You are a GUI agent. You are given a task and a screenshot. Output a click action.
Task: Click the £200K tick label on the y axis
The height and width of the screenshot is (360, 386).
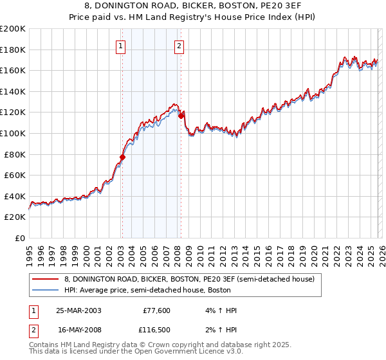tap(13, 29)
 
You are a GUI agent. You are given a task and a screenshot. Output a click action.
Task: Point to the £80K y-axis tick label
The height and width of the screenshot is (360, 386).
tap(15, 154)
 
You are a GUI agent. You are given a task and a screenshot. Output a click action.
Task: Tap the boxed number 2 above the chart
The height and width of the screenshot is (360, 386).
tap(178, 46)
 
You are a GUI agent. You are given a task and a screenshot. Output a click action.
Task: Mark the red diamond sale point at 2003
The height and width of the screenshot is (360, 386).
tap(122, 157)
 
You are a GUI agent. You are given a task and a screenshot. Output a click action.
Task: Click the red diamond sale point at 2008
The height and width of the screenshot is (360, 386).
tap(181, 116)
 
